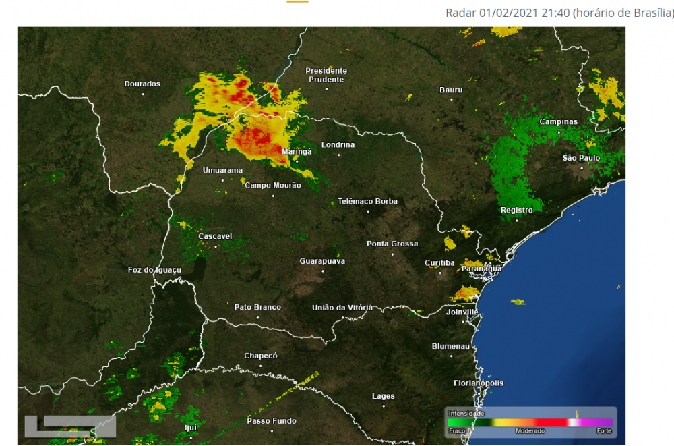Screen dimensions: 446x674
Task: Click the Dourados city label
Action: click(x=142, y=84)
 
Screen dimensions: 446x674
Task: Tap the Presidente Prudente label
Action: click(x=326, y=75)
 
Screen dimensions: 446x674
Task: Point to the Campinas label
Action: click(x=558, y=122)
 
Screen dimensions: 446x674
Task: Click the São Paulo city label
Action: click(x=581, y=158)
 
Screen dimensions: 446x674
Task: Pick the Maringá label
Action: click(x=297, y=152)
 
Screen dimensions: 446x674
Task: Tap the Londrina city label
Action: click(x=338, y=145)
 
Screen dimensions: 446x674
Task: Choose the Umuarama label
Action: click(x=222, y=171)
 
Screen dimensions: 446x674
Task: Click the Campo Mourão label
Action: click(x=272, y=186)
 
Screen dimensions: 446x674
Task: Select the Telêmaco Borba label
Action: click(x=367, y=202)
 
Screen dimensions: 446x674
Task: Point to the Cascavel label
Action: click(x=215, y=237)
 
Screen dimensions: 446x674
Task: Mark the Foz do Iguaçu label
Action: click(x=154, y=270)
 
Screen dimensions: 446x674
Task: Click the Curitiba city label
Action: click(x=439, y=262)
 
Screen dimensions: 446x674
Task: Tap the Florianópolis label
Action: click(x=479, y=383)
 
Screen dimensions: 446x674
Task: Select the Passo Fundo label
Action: click(x=272, y=421)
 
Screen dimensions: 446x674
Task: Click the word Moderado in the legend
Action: click(x=530, y=430)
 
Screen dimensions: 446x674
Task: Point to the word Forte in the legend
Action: click(x=603, y=430)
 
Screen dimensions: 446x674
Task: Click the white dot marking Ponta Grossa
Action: click(x=392, y=254)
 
